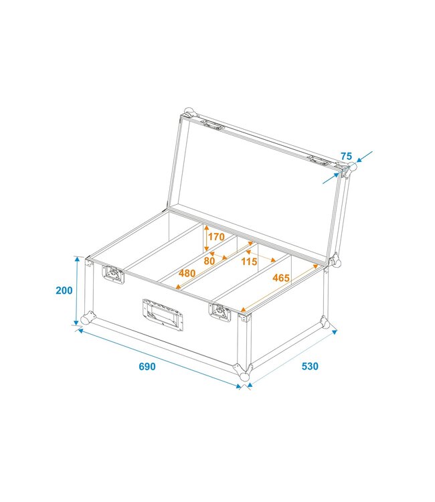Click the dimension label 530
(x=309, y=366)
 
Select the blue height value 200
(x=64, y=290)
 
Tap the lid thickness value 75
(x=346, y=156)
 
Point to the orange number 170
(x=215, y=236)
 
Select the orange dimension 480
(x=187, y=273)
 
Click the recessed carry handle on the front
(x=163, y=313)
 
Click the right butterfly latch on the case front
(x=219, y=310)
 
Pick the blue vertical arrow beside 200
(x=79, y=292)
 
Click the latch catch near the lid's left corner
(x=213, y=124)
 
